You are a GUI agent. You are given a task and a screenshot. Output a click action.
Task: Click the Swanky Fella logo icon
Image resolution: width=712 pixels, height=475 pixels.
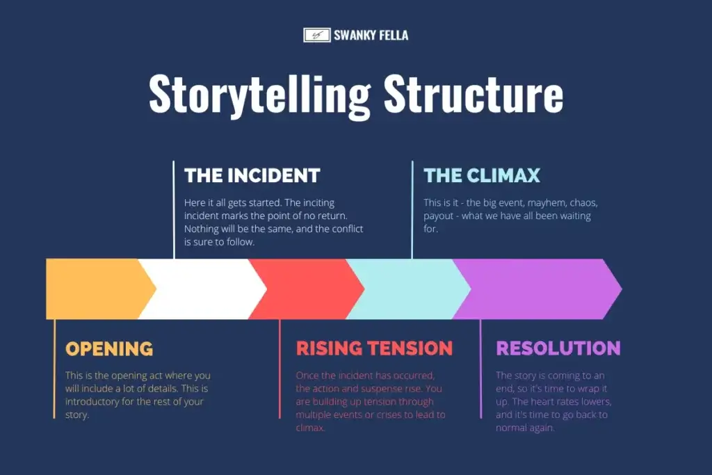pos(317,35)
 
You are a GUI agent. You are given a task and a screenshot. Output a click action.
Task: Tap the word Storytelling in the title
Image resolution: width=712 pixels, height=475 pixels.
pos(260,95)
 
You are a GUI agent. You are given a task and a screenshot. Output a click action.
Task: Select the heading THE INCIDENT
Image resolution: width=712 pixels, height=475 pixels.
pos(252,175)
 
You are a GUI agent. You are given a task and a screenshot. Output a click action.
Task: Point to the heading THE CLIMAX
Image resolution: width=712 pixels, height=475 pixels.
pos(482,175)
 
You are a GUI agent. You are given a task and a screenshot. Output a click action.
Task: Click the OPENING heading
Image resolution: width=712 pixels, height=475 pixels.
pos(109,348)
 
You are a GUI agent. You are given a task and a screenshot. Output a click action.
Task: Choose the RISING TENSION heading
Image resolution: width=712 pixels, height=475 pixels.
pos(374,348)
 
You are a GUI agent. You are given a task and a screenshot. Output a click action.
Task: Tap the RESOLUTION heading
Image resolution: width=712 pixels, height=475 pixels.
pos(558,348)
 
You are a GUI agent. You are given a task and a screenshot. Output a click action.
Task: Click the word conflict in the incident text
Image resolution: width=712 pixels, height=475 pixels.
pos(348,228)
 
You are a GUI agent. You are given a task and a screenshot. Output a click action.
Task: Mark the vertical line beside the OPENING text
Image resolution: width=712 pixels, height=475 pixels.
pos(54,369)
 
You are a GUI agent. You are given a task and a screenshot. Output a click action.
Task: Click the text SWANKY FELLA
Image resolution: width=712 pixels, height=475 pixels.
pos(371,35)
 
